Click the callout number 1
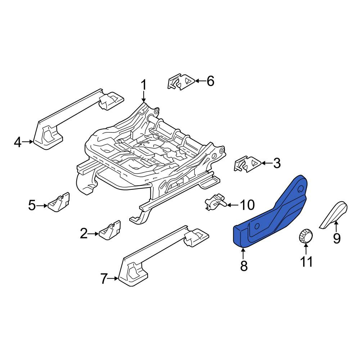pyautogui.click(x=144, y=85)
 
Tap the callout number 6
pyautogui.click(x=210, y=81)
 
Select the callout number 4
pyautogui.click(x=18, y=142)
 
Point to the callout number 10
pyautogui.click(x=247, y=205)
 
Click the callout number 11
pyautogui.click(x=306, y=261)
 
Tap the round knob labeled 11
pyautogui.click(x=306, y=235)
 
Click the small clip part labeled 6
pyautogui.click(x=181, y=82)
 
